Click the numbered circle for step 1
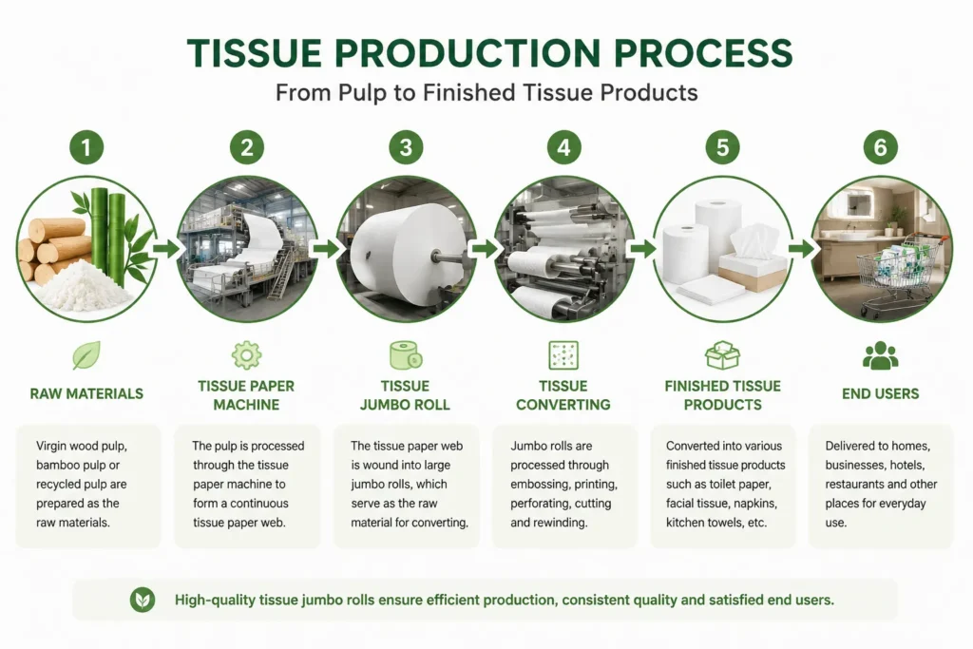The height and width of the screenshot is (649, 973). click(86, 147)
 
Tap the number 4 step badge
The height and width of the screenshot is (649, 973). click(563, 147)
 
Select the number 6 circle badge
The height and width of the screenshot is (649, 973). click(881, 147)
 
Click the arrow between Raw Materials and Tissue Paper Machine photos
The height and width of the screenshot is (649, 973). click(166, 249)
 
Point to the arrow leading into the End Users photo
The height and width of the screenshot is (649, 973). click(802, 249)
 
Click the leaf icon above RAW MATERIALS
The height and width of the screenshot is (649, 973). click(86, 354)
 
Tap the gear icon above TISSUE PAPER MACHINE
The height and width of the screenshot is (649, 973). click(246, 354)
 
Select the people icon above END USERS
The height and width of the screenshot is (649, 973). click(881, 354)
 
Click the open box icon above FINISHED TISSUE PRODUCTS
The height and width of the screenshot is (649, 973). click(722, 354)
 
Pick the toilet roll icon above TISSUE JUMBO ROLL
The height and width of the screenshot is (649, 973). click(406, 354)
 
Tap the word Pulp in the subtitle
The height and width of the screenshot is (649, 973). click(360, 93)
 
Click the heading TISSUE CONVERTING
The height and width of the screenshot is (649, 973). click(563, 395)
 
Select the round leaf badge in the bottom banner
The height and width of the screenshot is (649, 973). click(143, 600)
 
